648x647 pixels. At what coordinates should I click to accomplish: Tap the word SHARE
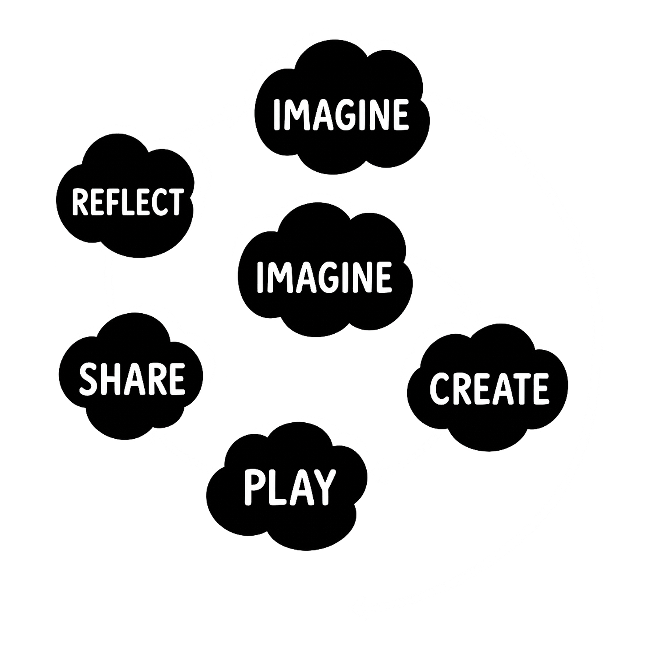click(132, 379)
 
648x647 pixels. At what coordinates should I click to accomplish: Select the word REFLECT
click(127, 202)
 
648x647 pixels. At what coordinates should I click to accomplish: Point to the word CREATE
click(489, 388)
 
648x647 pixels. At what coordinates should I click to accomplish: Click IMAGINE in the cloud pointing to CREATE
click(324, 277)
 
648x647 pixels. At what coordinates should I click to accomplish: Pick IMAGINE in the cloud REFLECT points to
click(341, 114)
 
